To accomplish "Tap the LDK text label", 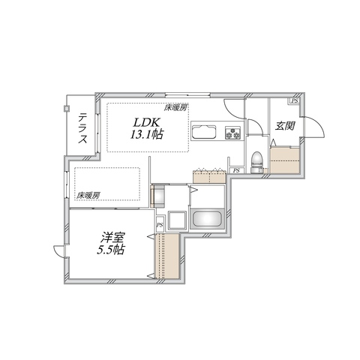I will click(147, 122).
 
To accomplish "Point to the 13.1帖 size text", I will click(147, 135).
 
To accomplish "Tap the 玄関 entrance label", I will click(284, 125).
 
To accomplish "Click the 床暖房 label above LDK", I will click(177, 108).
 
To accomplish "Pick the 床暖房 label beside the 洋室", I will click(88, 196).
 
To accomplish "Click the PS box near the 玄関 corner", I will click(295, 100).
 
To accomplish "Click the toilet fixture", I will click(256, 158).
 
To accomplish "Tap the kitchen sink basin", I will click(203, 135).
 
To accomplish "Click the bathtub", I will click(208, 220).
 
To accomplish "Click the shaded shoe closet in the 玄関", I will click(285, 160).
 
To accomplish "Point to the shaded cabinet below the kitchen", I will click(210, 175).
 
